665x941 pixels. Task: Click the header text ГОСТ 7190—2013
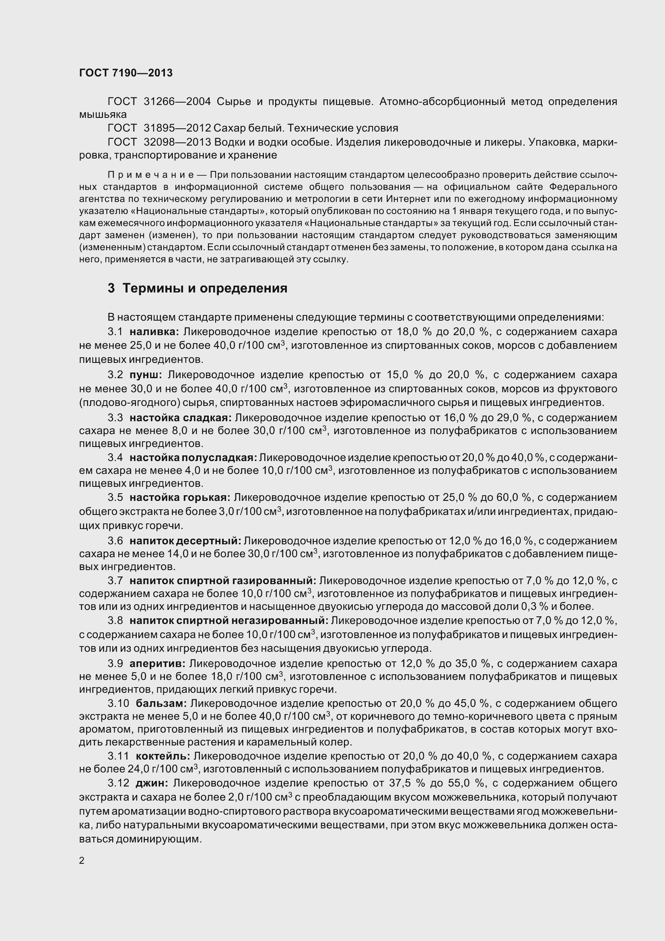coord(126,73)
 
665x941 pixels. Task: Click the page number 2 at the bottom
coord(82,861)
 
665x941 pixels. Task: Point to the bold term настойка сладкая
coord(181,418)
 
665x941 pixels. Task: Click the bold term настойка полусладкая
coord(194,457)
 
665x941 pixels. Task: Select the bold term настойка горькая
coord(180,498)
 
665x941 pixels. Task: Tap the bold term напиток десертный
coord(185,541)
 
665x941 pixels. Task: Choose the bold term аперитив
coord(158,663)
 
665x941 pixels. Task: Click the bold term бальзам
coord(161,703)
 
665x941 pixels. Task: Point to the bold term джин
coord(152,783)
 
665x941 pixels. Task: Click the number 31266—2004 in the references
coord(177,101)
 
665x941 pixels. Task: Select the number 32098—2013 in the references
coord(177,142)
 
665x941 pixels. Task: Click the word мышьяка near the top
coord(103,114)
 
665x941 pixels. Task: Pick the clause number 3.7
coord(115,581)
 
